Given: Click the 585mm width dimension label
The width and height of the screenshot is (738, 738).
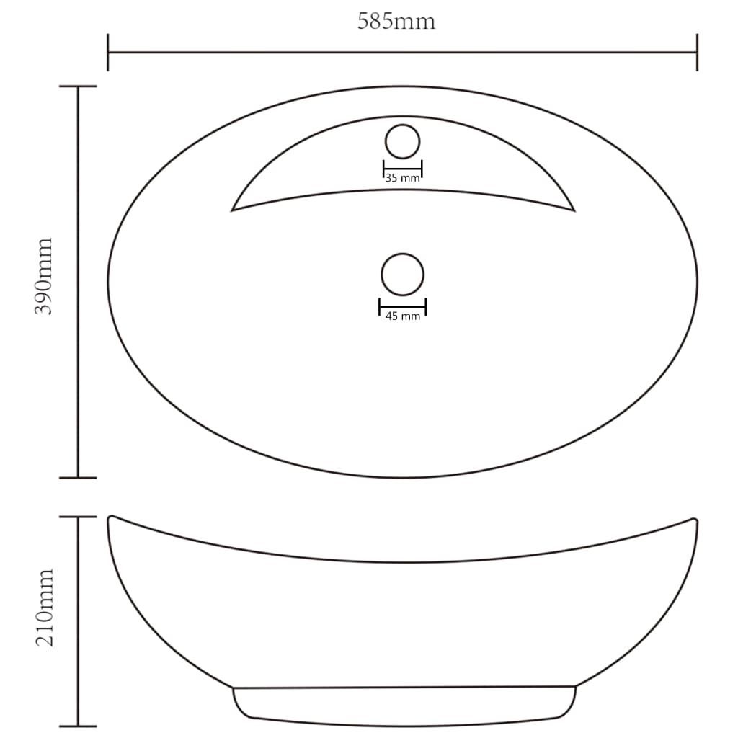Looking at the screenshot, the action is (x=396, y=22).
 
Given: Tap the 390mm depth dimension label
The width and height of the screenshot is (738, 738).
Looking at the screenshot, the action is (x=43, y=276).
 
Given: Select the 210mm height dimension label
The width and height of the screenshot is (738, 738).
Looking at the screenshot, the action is (x=45, y=607).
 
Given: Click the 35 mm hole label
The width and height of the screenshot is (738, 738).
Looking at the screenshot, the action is (x=402, y=178).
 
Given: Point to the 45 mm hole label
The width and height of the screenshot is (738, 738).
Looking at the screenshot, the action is (x=402, y=316).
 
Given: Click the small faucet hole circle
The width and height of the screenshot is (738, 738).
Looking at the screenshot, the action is (x=402, y=142).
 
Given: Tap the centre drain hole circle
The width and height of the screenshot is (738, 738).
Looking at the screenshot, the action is (x=402, y=275).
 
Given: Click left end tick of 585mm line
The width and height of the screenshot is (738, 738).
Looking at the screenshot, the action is (x=108, y=52).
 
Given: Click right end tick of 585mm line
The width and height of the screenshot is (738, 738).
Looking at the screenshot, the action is (x=697, y=52).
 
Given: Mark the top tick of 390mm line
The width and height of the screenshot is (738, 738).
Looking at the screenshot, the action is (x=78, y=86).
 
